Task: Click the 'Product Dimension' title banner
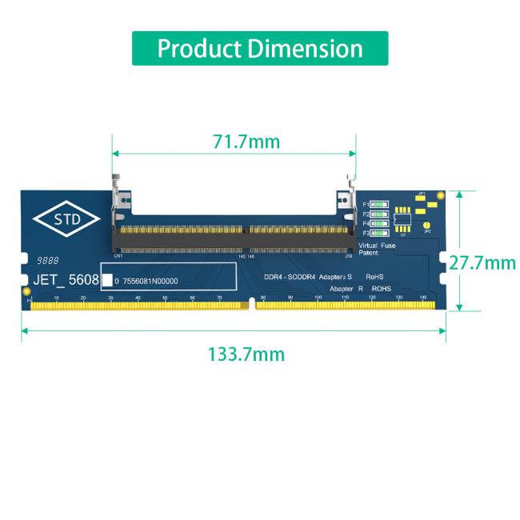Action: [x=260, y=49]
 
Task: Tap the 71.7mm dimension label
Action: [x=246, y=142]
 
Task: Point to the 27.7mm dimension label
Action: [x=482, y=262]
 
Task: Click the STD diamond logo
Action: [x=66, y=220]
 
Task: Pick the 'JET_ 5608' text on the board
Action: [x=66, y=281]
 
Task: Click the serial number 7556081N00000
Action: [x=150, y=282]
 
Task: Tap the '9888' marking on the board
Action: [x=47, y=262]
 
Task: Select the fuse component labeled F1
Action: [x=379, y=206]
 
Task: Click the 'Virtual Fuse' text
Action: [x=377, y=246]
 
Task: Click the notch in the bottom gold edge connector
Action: [x=253, y=303]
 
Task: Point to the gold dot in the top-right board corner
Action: [x=441, y=195]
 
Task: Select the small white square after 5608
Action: [x=107, y=281]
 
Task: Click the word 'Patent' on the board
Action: [x=369, y=253]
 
